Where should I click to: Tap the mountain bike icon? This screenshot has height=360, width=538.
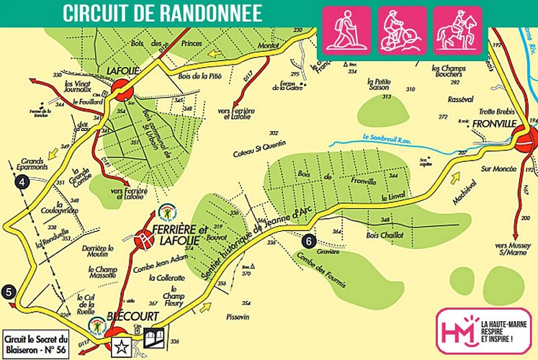click(402, 30)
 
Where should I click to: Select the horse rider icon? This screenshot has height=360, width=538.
click(457, 30)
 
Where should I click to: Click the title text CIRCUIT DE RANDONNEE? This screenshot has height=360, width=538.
click(161, 14)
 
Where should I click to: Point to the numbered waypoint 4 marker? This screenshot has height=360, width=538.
click(24, 183)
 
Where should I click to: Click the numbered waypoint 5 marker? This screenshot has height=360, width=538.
click(9, 292)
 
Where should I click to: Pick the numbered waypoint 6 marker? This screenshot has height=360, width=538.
click(309, 241)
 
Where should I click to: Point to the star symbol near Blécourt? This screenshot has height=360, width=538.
click(121, 345)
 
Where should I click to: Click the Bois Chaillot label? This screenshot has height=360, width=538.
click(385, 235)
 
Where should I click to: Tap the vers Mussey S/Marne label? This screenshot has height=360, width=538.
click(512, 249)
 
